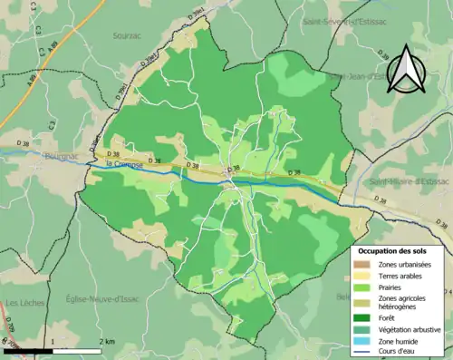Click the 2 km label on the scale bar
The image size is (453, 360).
(106, 342)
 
